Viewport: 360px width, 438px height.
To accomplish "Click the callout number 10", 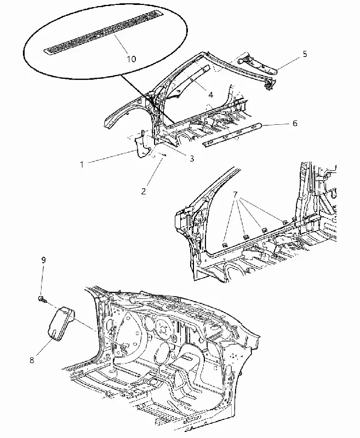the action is (x=131, y=59).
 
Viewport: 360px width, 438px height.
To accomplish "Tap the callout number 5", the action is (x=305, y=54).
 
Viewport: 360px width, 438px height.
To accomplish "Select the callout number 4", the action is (x=211, y=95).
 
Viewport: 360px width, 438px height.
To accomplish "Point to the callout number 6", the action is (x=295, y=123).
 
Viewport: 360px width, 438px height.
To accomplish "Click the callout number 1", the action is (x=82, y=164).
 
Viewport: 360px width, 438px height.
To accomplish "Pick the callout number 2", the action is (x=144, y=191).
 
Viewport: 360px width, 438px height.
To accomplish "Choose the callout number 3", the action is (x=192, y=158).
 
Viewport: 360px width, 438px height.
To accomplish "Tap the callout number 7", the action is (x=235, y=194).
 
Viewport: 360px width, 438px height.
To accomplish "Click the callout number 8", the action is (x=32, y=360).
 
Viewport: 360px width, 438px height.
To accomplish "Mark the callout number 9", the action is (x=43, y=260).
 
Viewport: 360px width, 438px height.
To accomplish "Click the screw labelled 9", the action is (x=41, y=299).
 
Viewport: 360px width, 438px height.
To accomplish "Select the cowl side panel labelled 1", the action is (x=143, y=147).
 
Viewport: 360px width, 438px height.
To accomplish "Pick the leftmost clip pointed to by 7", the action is (x=225, y=245).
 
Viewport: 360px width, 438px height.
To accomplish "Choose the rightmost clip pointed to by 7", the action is (x=284, y=223).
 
